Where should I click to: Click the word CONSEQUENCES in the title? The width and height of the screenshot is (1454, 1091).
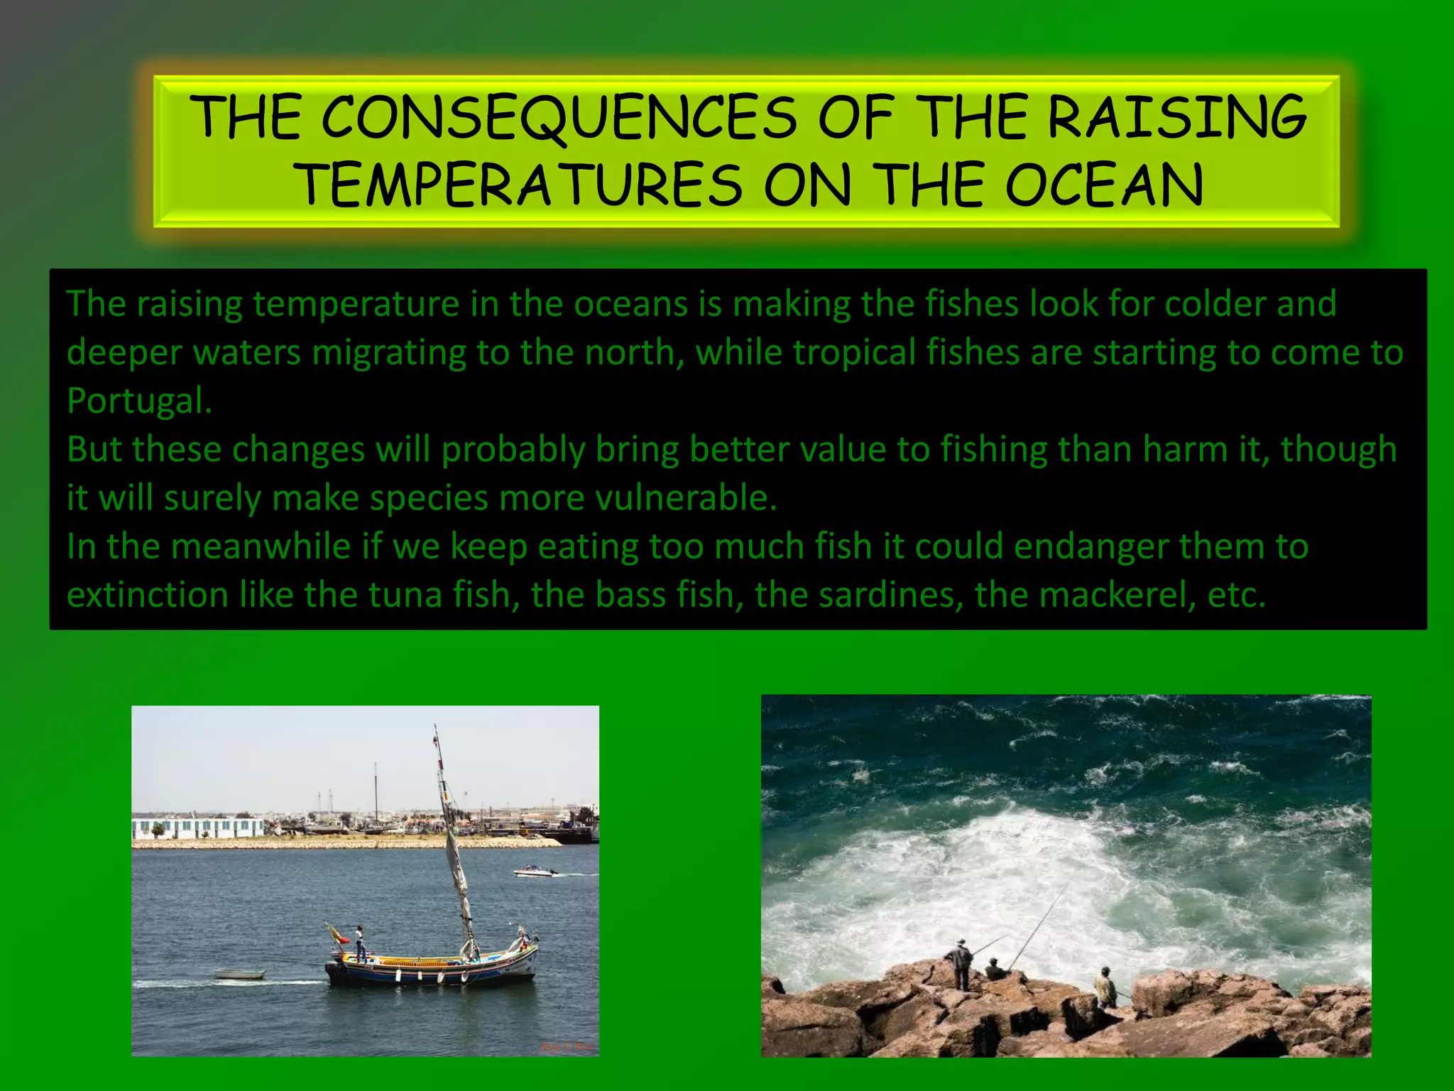[x=559, y=117]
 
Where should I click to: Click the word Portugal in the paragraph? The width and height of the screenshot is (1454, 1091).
[x=138, y=401]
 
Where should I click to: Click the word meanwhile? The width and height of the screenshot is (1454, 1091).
[x=260, y=547]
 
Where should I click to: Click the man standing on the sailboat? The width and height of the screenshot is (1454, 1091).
[x=361, y=943]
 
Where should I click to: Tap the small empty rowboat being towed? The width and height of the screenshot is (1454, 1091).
[x=239, y=974]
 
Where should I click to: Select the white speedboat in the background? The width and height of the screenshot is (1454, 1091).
[x=535, y=871]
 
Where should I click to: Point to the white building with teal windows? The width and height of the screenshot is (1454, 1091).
[x=197, y=827]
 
